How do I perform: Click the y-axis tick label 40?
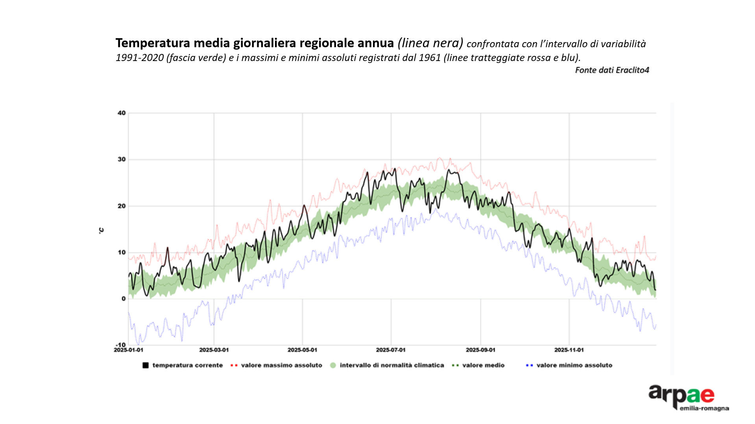pyautogui.click(x=122, y=113)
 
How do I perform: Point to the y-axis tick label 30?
pyautogui.click(x=122, y=159)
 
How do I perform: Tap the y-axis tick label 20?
pyautogui.click(x=122, y=206)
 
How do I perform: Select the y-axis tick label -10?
pyautogui.click(x=120, y=345)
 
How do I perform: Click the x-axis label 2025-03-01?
pyautogui.click(x=214, y=350)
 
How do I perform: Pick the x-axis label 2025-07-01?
pyautogui.click(x=391, y=350)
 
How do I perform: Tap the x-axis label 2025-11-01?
pyautogui.click(x=569, y=350)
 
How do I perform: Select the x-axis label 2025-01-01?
pyautogui.click(x=129, y=350)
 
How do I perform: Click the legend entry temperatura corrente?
pyautogui.click(x=187, y=365)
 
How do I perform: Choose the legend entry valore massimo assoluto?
pyautogui.click(x=281, y=365)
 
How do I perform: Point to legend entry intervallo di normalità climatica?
pyautogui.click(x=391, y=365)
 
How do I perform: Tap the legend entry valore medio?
pyautogui.click(x=483, y=365)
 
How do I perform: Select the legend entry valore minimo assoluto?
pyautogui.click(x=574, y=365)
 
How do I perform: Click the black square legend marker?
pyautogui.click(x=146, y=365)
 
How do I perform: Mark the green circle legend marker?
pyautogui.click(x=333, y=365)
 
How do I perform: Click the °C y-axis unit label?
pyautogui.click(x=102, y=230)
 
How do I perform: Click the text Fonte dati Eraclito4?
pyautogui.click(x=612, y=70)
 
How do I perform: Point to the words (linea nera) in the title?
pyautogui.click(x=430, y=43)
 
